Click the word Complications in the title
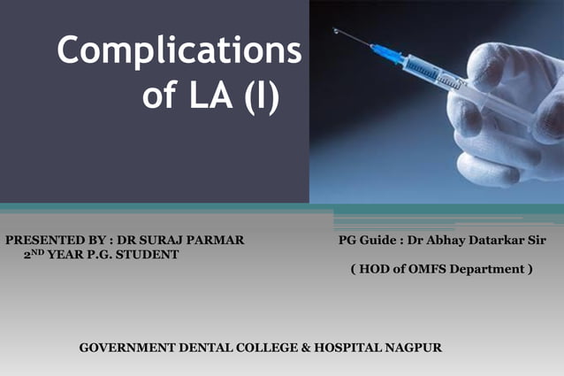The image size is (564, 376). [x=179, y=52]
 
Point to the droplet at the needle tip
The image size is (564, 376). [x=336, y=31]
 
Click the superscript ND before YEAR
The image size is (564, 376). [x=37, y=251]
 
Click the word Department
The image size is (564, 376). [x=489, y=268]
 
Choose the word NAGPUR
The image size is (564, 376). [x=412, y=347]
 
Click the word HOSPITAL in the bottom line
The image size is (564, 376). [x=345, y=347]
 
